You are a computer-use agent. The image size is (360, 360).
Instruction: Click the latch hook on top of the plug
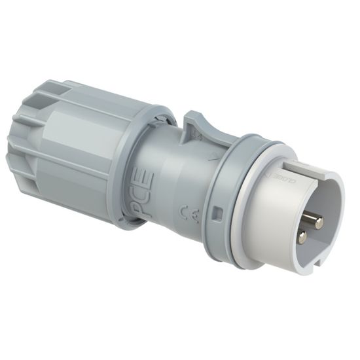pyautogui.click(x=199, y=125)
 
